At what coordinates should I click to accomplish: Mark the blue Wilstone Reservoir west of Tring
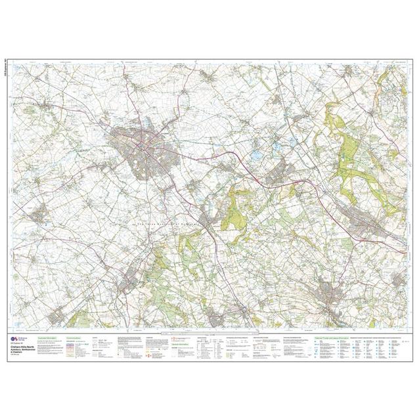point(256,156)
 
